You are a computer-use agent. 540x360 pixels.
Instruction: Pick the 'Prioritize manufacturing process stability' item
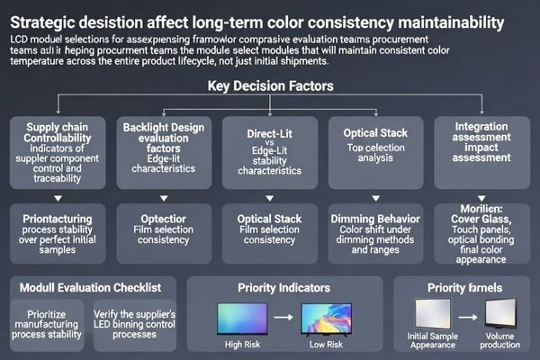(x=47, y=326)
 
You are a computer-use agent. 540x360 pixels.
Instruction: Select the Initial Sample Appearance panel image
(x=435, y=316)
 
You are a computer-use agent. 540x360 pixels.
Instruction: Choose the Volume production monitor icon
(x=501, y=316)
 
